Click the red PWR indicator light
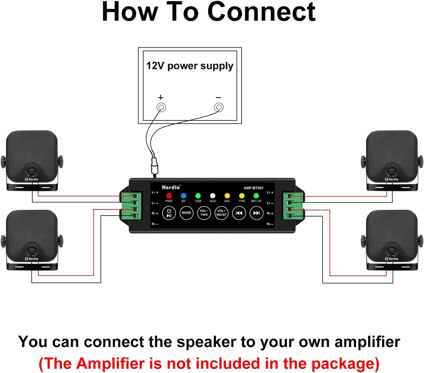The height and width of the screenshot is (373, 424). [x=169, y=196]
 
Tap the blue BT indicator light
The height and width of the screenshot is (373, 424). [x=183, y=196]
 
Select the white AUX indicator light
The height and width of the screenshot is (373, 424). [x=213, y=196]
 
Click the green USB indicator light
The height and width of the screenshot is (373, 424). [x=198, y=196]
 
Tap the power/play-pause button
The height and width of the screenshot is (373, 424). [x=169, y=213]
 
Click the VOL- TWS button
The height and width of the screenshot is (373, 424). [x=204, y=213]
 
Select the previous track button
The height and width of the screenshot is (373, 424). [x=239, y=213]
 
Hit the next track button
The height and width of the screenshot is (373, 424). [x=256, y=213]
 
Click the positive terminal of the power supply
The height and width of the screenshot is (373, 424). [x=161, y=107]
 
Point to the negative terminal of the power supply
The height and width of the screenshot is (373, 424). [x=219, y=107]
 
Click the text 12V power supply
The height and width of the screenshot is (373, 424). [x=190, y=66]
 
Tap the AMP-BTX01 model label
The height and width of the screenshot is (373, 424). [x=254, y=188]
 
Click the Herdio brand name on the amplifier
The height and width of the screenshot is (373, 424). [x=171, y=187]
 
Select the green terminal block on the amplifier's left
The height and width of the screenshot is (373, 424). [x=131, y=206]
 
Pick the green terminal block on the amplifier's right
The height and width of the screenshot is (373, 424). [x=293, y=206]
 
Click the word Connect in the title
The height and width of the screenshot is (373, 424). [x=261, y=12]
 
